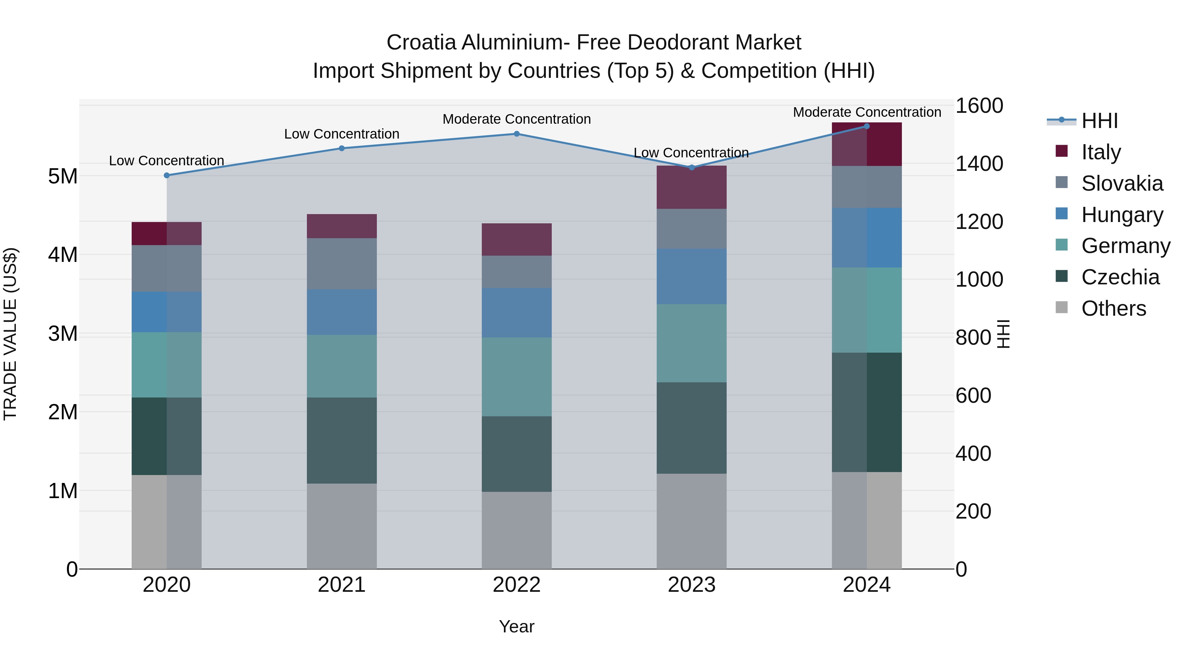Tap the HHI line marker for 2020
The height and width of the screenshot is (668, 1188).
[167, 175]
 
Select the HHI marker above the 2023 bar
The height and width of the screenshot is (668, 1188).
[691, 167]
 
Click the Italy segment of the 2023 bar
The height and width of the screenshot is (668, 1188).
[691, 187]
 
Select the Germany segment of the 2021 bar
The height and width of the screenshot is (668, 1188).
[342, 366]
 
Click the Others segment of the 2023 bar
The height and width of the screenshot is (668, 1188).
[691, 521]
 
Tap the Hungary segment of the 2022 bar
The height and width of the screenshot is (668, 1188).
[516, 313]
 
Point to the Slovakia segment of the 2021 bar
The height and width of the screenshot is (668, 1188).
[342, 264]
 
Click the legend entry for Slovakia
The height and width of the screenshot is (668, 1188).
[1122, 183]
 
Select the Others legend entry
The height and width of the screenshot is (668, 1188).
[1113, 308]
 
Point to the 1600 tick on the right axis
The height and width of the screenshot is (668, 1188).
[979, 106]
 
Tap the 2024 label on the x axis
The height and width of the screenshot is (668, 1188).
[866, 585]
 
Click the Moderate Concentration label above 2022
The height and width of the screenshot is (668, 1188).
[516, 119]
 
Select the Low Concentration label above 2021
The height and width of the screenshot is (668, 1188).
[342, 134]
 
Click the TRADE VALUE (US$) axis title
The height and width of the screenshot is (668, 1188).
[10, 334]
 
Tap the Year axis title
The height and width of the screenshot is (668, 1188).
[516, 626]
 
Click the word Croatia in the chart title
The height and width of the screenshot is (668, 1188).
[421, 43]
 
